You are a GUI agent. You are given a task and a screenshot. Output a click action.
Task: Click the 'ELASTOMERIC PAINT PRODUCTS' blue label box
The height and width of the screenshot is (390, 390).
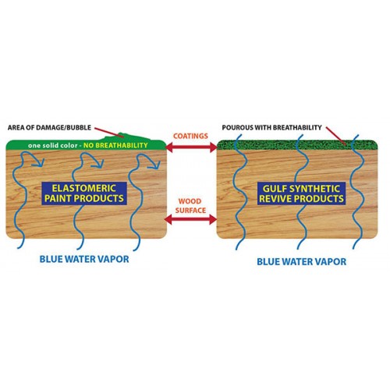[84, 193]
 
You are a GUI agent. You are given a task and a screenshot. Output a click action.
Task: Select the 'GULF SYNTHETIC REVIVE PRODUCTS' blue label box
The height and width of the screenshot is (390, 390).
[302, 193]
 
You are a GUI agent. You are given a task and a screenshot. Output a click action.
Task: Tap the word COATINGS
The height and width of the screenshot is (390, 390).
[190, 136]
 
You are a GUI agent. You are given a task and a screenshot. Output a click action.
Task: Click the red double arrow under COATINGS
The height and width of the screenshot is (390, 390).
[191, 147]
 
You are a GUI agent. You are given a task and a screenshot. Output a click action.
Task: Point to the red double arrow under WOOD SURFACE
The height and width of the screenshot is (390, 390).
[190, 220]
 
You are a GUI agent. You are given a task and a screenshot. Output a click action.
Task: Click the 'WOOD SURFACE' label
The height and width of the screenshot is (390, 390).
[190, 206]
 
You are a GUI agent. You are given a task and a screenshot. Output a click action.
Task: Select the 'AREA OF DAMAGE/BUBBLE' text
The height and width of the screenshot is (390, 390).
[49, 128]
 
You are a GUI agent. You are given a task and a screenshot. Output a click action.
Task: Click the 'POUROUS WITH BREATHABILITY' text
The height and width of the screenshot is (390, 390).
[272, 128]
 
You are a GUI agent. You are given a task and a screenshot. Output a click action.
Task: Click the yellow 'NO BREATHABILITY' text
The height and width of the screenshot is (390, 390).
[115, 145]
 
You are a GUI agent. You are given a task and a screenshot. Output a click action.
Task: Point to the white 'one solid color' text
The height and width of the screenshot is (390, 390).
[53, 146]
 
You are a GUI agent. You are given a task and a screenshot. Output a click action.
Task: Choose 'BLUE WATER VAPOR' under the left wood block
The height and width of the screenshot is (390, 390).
[84, 259]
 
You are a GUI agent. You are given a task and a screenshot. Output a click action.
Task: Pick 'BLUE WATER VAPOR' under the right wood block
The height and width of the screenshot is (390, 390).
[302, 261]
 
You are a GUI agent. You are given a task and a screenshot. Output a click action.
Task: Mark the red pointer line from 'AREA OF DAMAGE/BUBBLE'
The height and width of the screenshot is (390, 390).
[109, 132]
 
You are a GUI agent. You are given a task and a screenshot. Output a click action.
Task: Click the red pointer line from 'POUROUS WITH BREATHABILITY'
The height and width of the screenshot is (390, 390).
[336, 136]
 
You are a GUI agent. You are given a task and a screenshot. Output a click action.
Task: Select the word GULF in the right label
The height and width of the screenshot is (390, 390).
[271, 189]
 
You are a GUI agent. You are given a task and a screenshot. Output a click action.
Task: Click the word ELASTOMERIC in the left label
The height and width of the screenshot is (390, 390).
[84, 188]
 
